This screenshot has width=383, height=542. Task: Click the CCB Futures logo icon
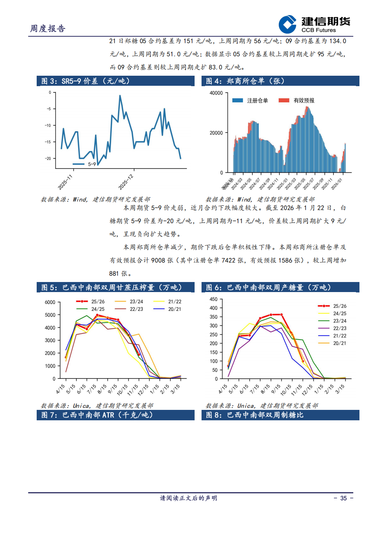tap(287, 24)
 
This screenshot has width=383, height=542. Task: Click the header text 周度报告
tap(48, 29)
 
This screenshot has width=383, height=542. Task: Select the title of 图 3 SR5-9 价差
tap(85, 81)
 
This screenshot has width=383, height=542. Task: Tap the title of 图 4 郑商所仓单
tap(245, 81)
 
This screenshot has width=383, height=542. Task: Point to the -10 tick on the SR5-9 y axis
tap(48, 126)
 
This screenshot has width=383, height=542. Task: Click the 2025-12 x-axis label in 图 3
tap(126, 182)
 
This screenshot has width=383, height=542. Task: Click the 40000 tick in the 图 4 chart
tap(216, 93)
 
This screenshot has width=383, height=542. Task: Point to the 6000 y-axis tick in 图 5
tap(50, 302)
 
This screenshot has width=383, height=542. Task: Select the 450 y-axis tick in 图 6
tap(214, 299)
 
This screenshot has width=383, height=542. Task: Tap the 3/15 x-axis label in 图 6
tap(340, 389)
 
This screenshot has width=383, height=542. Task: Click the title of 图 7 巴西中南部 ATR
tap(97, 415)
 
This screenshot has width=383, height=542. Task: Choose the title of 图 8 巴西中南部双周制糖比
tap(254, 415)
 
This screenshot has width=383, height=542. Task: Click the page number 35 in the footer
tap(343, 498)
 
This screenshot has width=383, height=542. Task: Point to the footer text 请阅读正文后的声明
tap(188, 498)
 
